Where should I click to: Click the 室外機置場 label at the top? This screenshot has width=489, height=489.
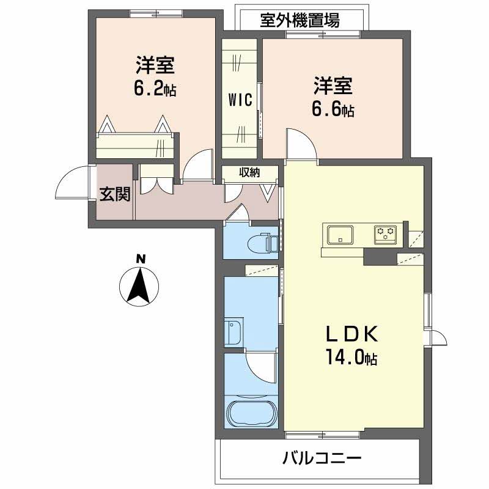click(x=300, y=21)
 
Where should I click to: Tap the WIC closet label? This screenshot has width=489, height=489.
click(x=241, y=101)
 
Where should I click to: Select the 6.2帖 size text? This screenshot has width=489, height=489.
click(x=155, y=89)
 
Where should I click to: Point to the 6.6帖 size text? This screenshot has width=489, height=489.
click(x=333, y=110)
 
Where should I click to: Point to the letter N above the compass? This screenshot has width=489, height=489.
click(x=141, y=259)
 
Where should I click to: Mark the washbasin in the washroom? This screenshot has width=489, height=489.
click(x=233, y=333)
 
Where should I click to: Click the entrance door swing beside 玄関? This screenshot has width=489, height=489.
click(x=72, y=183)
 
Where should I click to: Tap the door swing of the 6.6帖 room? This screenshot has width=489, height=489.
click(x=300, y=144)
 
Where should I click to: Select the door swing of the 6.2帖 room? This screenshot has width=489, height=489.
click(x=197, y=166)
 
